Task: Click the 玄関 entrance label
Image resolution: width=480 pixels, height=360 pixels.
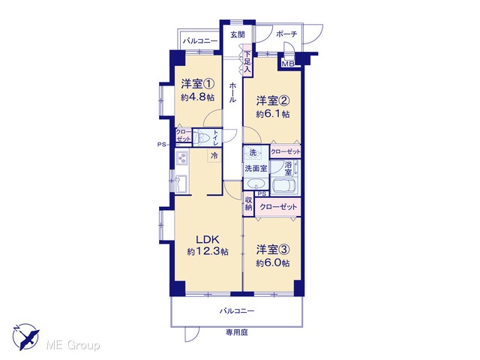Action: [x=238, y=34]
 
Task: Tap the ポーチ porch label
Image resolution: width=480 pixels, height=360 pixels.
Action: [x=286, y=34]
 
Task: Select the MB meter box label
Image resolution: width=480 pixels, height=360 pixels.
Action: [x=288, y=64]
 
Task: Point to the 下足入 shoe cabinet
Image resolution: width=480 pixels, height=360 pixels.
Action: [x=247, y=61]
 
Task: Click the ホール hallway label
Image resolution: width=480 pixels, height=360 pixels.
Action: [x=232, y=92]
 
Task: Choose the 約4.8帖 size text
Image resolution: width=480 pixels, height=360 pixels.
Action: [x=197, y=97]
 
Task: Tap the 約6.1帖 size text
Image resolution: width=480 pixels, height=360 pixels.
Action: [x=273, y=114]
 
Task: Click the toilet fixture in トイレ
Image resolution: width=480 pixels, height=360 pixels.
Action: [x=202, y=137]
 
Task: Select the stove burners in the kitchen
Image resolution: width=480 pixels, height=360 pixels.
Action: [x=182, y=158]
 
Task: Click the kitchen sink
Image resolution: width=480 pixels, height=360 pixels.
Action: [x=181, y=183]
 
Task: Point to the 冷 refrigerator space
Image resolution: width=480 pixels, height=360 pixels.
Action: [x=214, y=155]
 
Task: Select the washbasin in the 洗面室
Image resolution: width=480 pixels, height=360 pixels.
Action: [x=256, y=184]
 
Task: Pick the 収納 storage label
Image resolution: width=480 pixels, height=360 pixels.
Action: [x=248, y=203]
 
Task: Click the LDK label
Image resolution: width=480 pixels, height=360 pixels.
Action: [x=208, y=239]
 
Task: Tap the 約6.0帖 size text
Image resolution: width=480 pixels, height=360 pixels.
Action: [x=273, y=263]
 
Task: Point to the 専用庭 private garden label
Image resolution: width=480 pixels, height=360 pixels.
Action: [x=237, y=332]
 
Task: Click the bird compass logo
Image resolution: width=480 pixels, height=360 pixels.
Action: [x=25, y=336]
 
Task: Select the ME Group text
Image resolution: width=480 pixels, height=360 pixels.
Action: [x=73, y=345]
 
